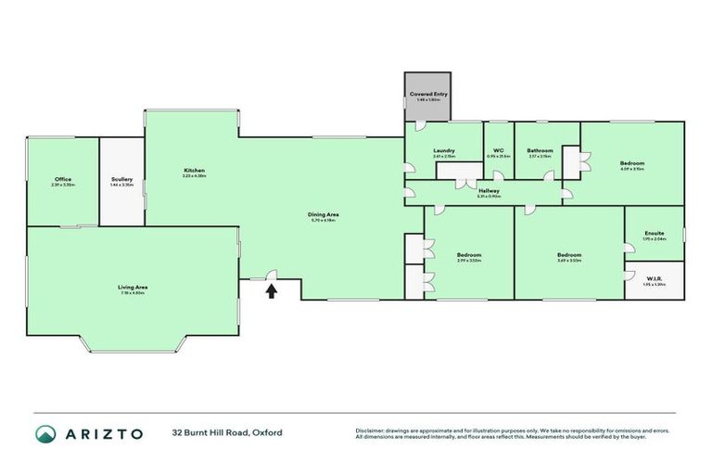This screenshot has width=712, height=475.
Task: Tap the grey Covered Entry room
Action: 427,96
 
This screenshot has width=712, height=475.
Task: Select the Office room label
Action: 63,179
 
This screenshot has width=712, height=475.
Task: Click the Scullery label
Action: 121,179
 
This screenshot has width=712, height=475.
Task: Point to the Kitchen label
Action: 194,171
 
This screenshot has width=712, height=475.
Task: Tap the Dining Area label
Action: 324,214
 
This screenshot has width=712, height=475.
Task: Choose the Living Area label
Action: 133,288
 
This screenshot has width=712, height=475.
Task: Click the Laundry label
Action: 443,150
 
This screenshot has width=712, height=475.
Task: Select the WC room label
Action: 498,150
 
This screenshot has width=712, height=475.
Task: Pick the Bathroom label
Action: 540,150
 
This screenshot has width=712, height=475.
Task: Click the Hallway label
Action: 489,190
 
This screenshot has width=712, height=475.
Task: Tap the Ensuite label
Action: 654,233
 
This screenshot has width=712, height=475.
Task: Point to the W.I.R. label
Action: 654,277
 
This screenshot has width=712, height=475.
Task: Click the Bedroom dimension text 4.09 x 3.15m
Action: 632,169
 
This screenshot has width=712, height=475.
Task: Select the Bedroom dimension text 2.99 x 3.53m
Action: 468,261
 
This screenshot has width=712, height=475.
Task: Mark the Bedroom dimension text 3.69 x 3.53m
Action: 568,261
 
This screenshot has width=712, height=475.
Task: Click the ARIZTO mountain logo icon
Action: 45,433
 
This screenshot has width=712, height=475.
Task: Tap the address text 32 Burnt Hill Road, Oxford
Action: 227,433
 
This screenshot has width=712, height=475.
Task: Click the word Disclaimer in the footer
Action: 371,430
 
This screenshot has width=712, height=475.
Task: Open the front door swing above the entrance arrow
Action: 272,275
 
